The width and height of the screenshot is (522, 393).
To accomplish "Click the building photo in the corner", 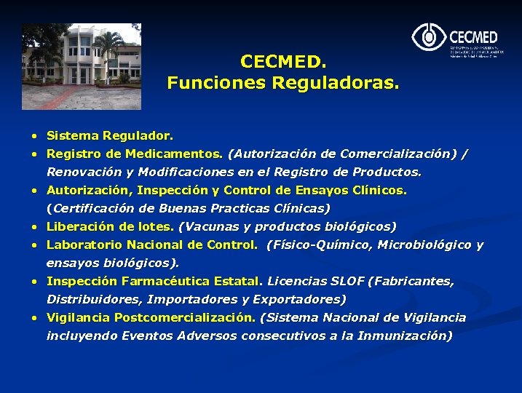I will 81,65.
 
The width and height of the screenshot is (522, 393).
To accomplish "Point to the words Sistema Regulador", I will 110,136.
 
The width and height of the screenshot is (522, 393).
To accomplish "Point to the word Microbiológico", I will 418,245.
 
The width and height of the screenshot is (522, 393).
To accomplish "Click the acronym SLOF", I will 346,281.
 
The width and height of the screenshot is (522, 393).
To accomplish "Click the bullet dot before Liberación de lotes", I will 34,227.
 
